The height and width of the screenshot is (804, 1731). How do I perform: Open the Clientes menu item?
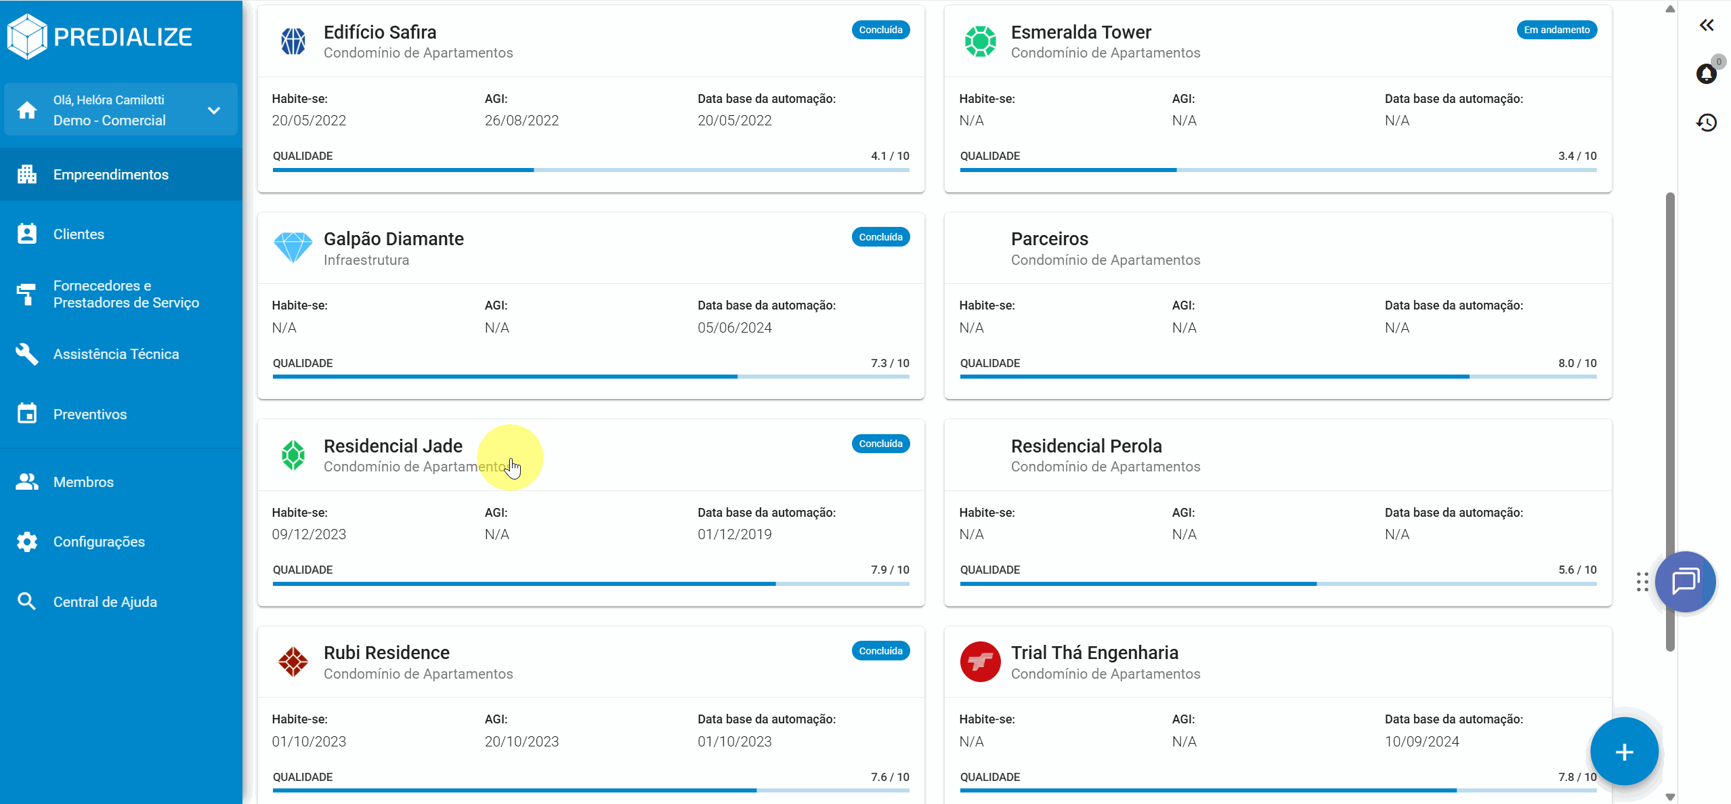79,234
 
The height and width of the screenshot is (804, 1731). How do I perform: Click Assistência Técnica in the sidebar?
116,354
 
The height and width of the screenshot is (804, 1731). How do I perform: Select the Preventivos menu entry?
89,415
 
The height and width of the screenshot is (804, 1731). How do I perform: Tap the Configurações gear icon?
27,542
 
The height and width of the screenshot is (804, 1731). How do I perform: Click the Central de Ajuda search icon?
27,601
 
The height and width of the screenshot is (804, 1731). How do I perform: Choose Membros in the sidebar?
83,482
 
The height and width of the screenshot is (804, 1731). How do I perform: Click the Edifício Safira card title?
380,33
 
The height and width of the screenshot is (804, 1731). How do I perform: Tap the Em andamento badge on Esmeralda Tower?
1556,30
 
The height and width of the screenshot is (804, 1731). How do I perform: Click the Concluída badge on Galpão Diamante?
880,237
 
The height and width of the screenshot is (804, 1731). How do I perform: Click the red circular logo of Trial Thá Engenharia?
980,662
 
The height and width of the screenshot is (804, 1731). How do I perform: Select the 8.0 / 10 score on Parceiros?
1577,363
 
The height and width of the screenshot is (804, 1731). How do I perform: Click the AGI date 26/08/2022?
521,121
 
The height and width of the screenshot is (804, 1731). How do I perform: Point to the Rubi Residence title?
387,653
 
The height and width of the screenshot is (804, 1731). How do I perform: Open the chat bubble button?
1685,581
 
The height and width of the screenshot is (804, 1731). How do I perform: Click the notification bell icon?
1706,74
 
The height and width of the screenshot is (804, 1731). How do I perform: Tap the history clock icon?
1707,123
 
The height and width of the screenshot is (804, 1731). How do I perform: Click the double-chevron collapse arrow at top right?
1707,25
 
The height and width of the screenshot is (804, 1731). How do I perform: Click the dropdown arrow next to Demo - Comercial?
214,110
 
